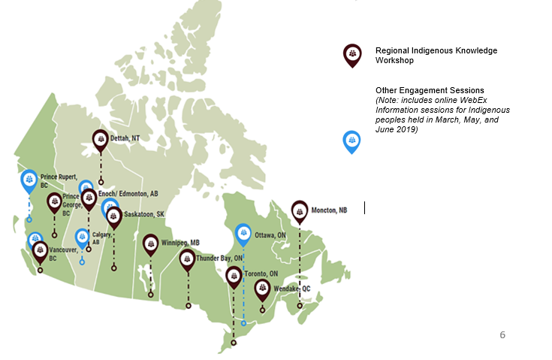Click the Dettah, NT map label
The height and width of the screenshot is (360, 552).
(x=125, y=138)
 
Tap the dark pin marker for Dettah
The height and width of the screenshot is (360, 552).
(x=100, y=139)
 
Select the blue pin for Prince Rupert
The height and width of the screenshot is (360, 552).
(x=29, y=180)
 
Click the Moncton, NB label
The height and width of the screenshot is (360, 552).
(x=329, y=210)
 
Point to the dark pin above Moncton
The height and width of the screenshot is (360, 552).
(x=300, y=210)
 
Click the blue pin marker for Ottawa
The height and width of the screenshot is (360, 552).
(x=243, y=234)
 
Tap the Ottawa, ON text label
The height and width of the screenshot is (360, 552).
(x=270, y=234)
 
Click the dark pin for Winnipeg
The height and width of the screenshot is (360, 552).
(x=151, y=244)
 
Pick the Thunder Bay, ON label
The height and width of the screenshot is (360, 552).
(x=219, y=259)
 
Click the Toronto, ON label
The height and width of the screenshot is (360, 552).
(x=261, y=274)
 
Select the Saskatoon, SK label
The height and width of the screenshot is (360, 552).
(x=144, y=214)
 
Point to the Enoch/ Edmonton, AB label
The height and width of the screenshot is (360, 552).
(x=128, y=194)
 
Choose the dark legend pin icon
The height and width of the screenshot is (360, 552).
(x=351, y=54)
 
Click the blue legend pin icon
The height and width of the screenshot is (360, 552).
(x=351, y=141)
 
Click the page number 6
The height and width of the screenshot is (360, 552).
(x=502, y=334)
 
